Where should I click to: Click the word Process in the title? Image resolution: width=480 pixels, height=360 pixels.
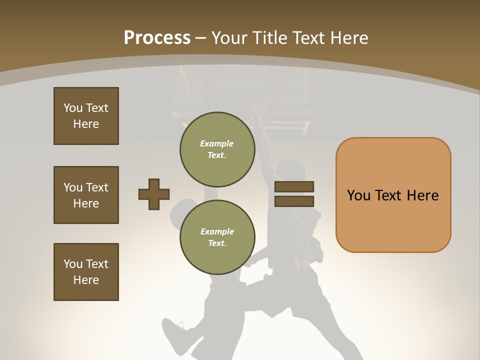pos(157,37)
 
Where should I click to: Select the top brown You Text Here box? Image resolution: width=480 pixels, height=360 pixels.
pos(86,116)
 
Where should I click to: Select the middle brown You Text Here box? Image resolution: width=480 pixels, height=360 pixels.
pos(86,195)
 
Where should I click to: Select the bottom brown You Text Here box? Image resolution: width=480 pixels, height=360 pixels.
pos(86,272)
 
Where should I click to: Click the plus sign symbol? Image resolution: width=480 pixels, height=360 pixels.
pos(154,194)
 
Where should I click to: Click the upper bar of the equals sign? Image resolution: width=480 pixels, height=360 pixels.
pos(294,186)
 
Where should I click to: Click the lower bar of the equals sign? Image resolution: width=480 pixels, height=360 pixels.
pos(294,201)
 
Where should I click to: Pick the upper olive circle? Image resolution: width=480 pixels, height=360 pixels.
pos(217,149)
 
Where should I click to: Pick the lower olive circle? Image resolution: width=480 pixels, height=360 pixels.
pos(217,237)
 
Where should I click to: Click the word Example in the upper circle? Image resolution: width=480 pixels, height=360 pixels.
pos(217,143)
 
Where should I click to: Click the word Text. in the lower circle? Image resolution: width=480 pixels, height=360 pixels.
pos(217,243)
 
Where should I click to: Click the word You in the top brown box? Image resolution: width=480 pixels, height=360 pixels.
pos(73,108)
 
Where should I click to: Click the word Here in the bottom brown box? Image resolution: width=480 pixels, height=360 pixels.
pos(86,280)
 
